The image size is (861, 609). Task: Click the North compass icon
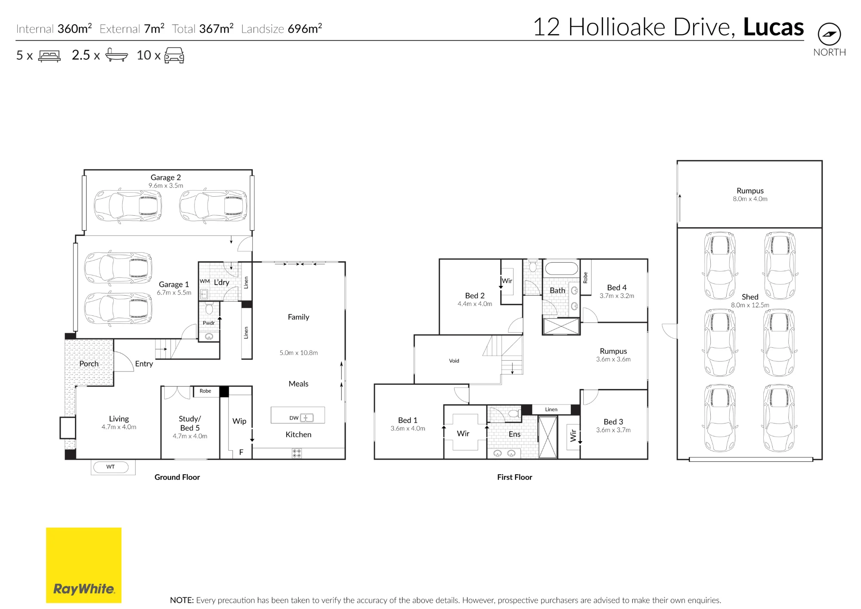click(829, 34)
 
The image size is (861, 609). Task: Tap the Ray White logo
click(84, 565)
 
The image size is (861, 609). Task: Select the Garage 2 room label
click(166, 177)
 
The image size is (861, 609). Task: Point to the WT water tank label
click(111, 467)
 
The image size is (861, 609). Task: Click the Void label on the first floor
click(454, 361)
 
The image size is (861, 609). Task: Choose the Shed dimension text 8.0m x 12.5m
click(750, 305)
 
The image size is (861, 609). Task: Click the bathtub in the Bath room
click(561, 269)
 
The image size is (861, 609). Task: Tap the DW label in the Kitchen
click(294, 418)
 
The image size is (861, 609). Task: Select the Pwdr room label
click(209, 323)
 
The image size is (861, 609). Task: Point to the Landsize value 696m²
click(305, 28)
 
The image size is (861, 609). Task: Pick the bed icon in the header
click(50, 56)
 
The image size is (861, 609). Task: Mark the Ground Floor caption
click(177, 477)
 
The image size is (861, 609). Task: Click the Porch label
click(89, 364)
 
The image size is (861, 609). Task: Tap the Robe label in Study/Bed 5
click(205, 391)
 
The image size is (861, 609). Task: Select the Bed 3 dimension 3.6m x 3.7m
click(613, 430)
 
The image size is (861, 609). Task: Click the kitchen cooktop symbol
click(297, 453)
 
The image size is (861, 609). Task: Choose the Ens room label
click(514, 434)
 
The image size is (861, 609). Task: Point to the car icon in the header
click(174, 56)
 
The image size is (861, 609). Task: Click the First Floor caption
click(514, 477)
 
